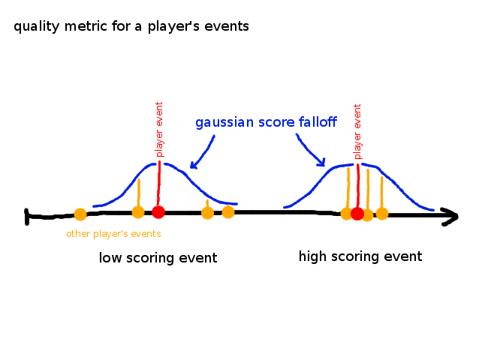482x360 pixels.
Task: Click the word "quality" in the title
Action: [x=36, y=27]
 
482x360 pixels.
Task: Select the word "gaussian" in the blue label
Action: [x=224, y=122]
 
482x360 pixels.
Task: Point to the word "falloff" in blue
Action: [x=318, y=121]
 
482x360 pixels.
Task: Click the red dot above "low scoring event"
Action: [x=158, y=212]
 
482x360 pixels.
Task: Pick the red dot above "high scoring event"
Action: [x=357, y=214]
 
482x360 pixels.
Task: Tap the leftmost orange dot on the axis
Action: [x=80, y=214]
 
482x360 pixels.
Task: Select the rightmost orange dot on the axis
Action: [x=382, y=214]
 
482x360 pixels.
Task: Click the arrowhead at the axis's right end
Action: [x=450, y=217]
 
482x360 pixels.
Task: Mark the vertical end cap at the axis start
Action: [x=27, y=217]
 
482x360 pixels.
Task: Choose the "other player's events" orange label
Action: [x=113, y=234]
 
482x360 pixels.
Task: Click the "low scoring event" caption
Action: [x=158, y=258]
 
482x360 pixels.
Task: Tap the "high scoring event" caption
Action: [x=360, y=256]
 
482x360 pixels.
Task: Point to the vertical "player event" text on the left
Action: [x=159, y=129]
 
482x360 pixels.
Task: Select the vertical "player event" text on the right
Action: [x=357, y=132]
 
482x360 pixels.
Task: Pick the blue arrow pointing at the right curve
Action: [x=309, y=149]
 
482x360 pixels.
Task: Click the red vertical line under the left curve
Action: [x=158, y=184]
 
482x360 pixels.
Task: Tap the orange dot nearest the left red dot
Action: [x=138, y=212]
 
